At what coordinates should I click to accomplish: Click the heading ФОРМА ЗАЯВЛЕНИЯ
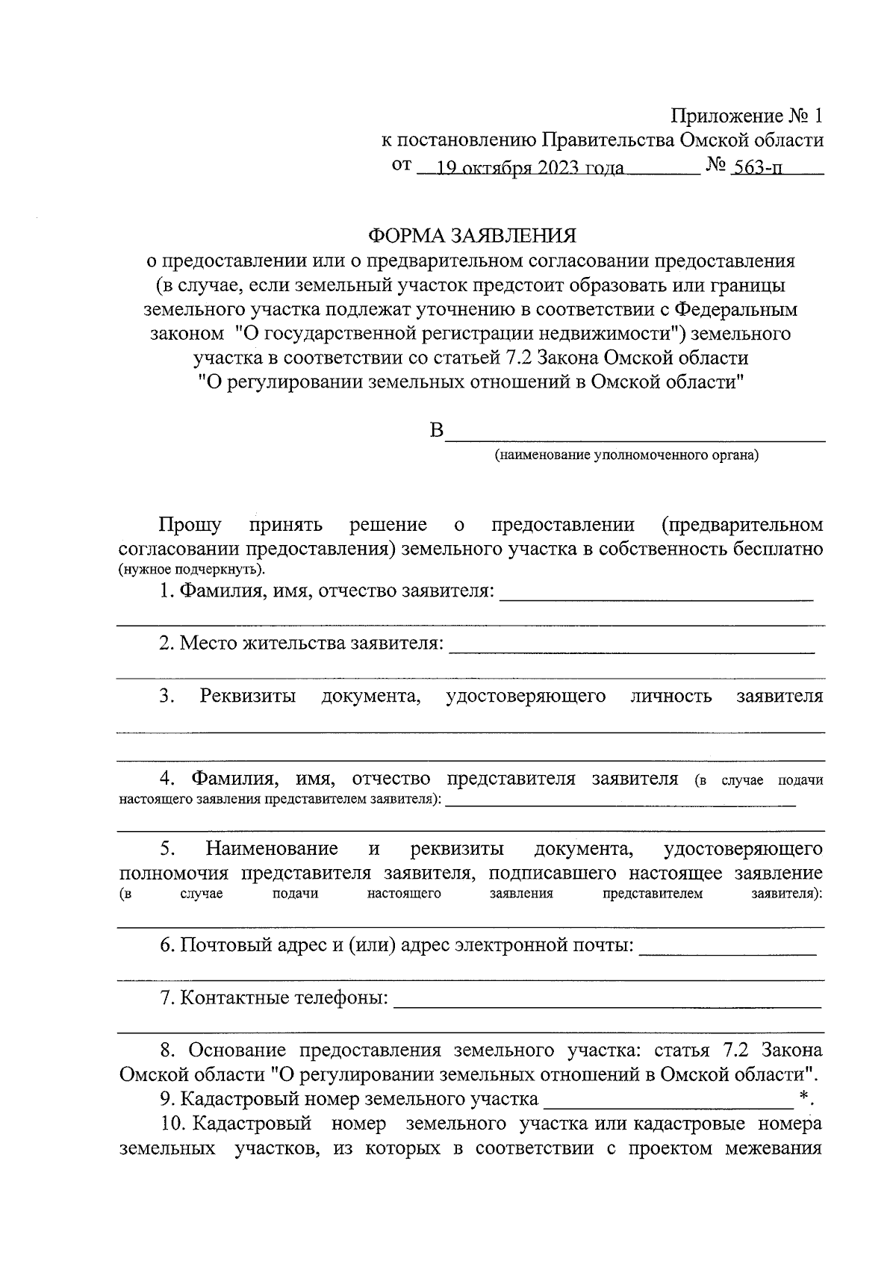tap(472, 236)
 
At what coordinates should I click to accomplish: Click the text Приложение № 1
tap(747, 116)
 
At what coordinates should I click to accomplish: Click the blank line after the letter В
tap(635, 437)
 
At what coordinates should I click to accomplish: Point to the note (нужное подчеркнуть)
tap(191, 570)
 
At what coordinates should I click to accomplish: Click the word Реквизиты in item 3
tap(247, 697)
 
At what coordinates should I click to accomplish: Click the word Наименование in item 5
tap(272, 849)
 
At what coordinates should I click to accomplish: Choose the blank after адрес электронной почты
tap(728, 949)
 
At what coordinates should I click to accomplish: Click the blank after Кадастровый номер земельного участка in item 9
tap(668, 1101)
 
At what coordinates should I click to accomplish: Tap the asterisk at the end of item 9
tap(804, 1096)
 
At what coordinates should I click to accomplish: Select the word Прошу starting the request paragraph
tap(190, 525)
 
